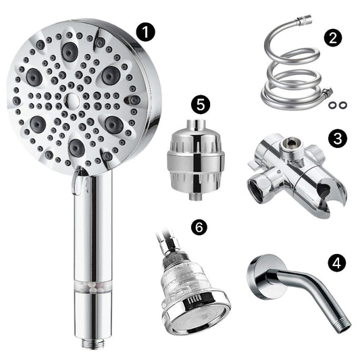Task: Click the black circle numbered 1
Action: (x=146, y=32)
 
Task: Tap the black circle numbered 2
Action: (x=333, y=38)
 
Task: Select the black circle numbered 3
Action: (x=338, y=138)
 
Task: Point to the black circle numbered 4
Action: (x=336, y=263)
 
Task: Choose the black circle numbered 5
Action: (x=201, y=105)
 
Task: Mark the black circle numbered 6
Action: (x=199, y=227)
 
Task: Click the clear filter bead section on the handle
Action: (x=93, y=287)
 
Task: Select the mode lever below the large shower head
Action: (x=77, y=181)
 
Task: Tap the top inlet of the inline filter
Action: (x=196, y=126)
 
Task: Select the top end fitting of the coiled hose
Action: (x=305, y=19)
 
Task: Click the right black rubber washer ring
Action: (x=342, y=105)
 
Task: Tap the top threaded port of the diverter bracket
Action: (x=291, y=147)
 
